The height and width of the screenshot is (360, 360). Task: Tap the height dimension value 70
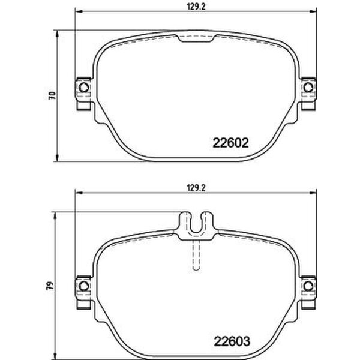click(51, 95)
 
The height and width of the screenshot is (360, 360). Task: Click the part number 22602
click(232, 143)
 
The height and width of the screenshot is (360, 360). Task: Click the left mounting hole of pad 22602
click(83, 89)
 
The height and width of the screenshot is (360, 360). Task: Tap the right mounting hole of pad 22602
click(308, 89)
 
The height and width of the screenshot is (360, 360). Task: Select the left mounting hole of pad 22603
click(83, 283)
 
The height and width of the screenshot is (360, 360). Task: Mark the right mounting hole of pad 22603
click(308, 283)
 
